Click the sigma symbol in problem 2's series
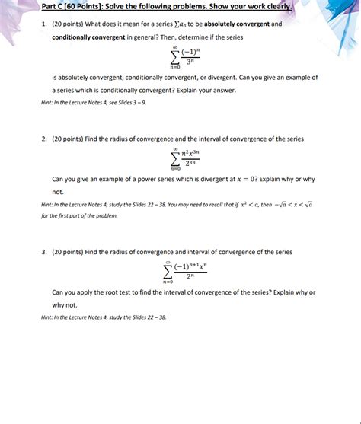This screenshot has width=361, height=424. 175,158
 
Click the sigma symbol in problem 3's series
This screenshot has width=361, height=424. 168,272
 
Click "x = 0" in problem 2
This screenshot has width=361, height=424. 258,180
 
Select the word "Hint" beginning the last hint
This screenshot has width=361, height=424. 47,317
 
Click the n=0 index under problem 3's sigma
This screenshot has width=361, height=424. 168,282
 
